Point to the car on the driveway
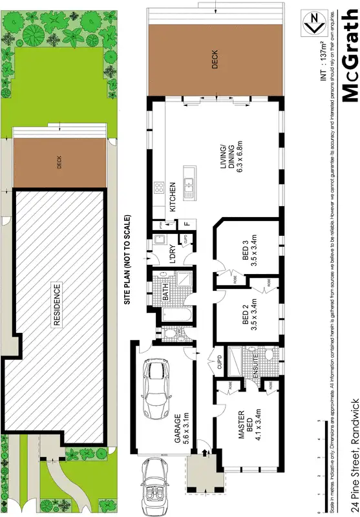(156, 478)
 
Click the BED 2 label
(249, 311)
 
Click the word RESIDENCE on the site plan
(56, 303)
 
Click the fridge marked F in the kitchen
(187, 223)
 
